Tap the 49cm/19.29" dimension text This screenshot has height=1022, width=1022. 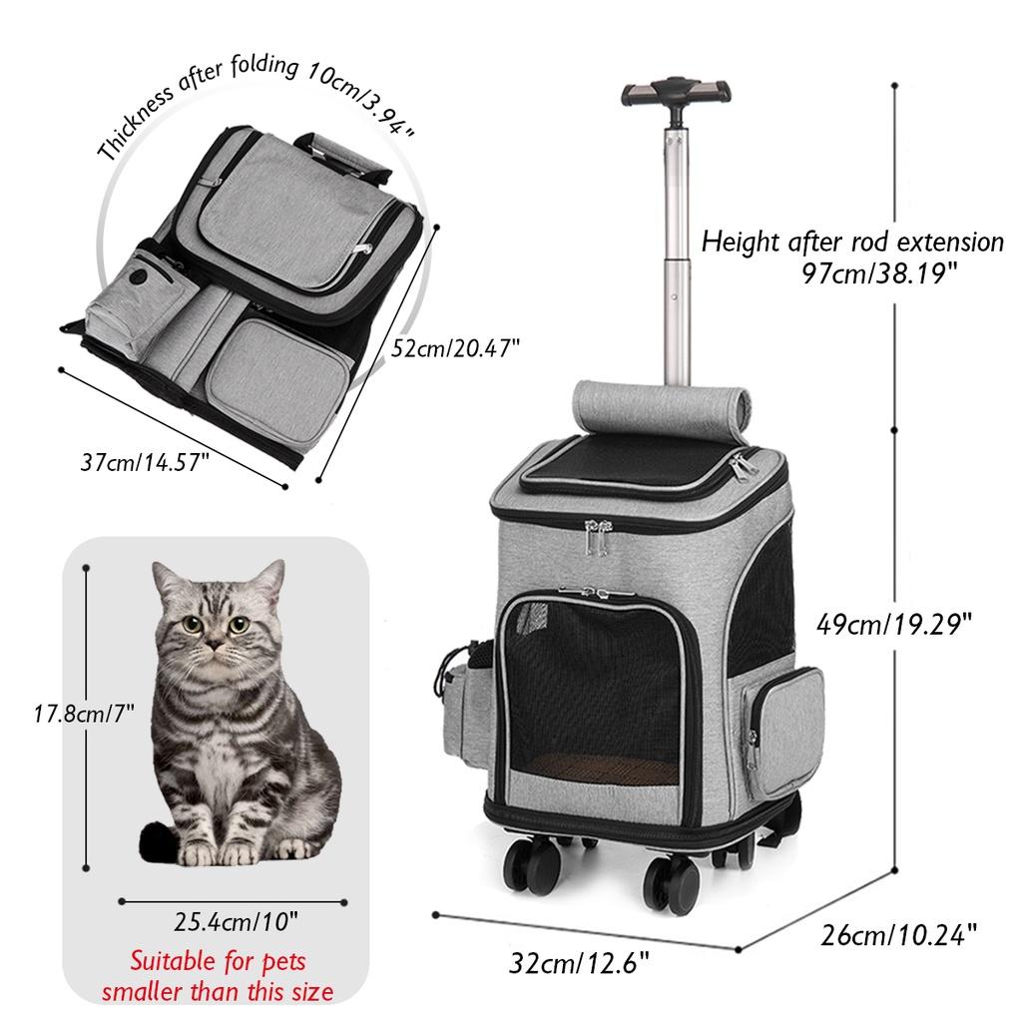point(894,626)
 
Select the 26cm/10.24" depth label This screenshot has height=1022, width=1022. point(898,935)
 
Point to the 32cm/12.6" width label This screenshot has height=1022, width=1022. point(580,965)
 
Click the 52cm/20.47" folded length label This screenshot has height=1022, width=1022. point(457,348)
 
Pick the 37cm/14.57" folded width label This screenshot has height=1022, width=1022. point(147,462)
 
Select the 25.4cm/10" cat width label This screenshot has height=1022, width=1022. point(236,919)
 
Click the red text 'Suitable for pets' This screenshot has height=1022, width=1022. point(219,962)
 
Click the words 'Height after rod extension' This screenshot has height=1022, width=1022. point(852,242)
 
